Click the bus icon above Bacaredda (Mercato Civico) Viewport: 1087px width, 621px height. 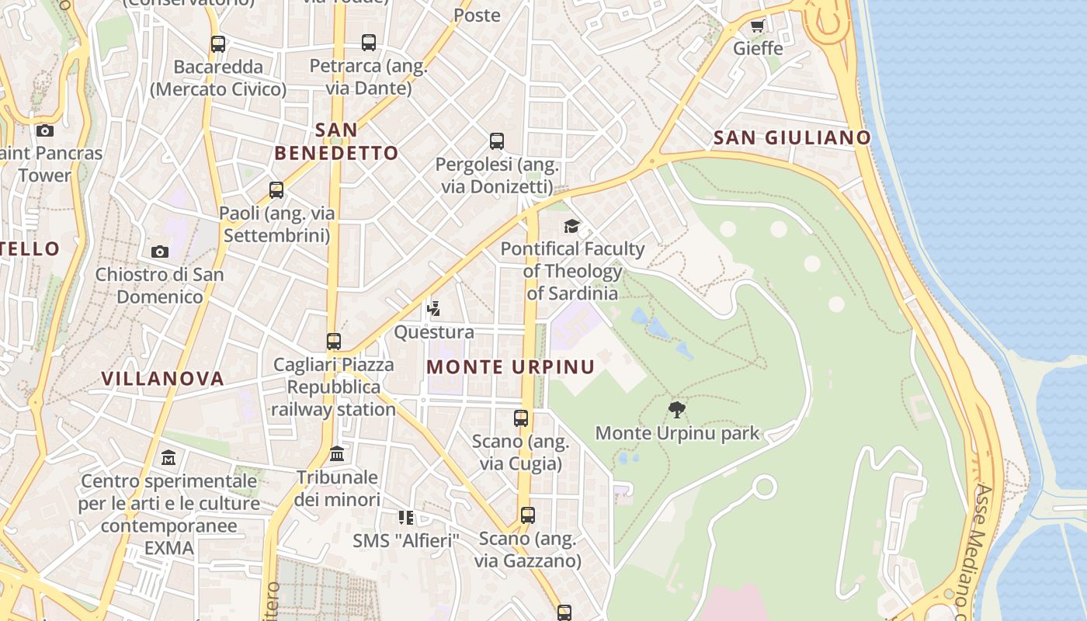coord(218,44)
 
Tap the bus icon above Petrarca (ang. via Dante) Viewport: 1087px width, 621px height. coord(369,43)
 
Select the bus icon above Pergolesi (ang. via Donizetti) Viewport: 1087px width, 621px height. coord(497,141)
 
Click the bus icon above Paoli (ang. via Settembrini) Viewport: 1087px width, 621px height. coord(276,190)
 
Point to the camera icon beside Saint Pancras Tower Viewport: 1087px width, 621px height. coord(45,130)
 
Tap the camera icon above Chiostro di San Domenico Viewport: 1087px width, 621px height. coord(160,252)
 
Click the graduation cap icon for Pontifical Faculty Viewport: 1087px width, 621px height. coord(572,226)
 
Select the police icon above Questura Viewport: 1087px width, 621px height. coord(434,309)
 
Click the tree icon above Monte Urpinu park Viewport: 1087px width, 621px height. coord(677,410)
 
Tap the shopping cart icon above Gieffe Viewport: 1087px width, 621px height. coord(757,26)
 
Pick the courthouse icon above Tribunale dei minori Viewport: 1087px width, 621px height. coord(337,453)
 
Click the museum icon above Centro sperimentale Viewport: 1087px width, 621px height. coord(168,458)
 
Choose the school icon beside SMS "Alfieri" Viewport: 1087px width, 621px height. coord(406,517)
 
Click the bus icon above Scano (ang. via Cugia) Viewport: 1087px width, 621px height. coord(521,418)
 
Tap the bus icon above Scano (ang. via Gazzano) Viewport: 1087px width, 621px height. coord(528,515)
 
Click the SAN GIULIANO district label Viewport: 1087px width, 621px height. coord(792,138)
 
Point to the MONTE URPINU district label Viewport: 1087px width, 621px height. coord(511,367)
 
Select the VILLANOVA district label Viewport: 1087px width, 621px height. coord(163,379)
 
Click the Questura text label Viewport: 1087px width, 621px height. coord(434,332)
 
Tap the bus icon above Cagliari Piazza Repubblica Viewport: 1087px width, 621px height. coord(334,342)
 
